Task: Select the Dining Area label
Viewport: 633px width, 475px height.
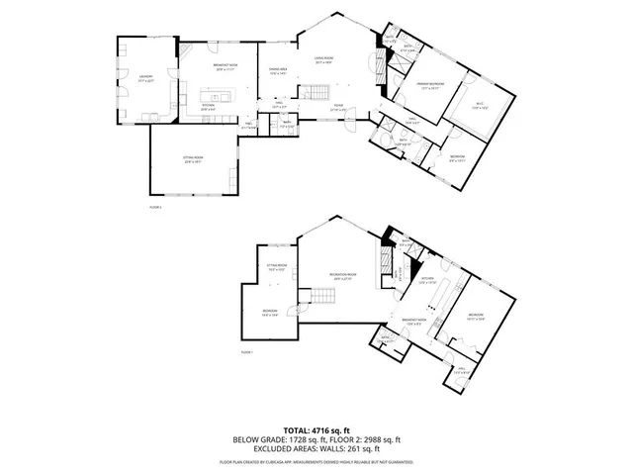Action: pyautogui.click(x=278, y=70)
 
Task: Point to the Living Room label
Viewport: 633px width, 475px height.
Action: pyautogui.click(x=323, y=60)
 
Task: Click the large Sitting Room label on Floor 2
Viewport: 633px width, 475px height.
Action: pyautogui.click(x=193, y=160)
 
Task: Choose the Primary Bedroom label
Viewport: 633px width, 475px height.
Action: pyautogui.click(x=428, y=86)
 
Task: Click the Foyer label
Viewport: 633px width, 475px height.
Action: pyautogui.click(x=338, y=108)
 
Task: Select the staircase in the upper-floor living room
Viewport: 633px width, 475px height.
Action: pyautogui.click(x=315, y=93)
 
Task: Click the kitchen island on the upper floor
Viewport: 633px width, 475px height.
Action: pyautogui.click(x=218, y=97)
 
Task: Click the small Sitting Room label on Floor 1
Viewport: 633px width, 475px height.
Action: pyautogui.click(x=276, y=268)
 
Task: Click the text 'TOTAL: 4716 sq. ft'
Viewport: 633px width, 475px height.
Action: pyautogui.click(x=316, y=429)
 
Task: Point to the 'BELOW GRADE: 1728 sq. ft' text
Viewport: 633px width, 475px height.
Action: pyautogui.click(x=274, y=438)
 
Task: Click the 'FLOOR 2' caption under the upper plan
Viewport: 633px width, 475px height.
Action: pyautogui.click(x=155, y=207)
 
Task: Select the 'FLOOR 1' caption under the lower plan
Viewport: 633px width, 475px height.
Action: pyautogui.click(x=247, y=352)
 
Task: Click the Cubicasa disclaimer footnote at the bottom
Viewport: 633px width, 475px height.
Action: pyautogui.click(x=316, y=461)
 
